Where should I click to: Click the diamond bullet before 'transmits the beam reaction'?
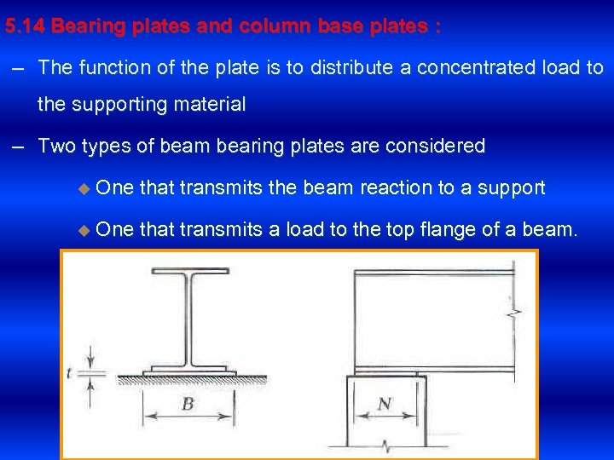(x=83, y=188)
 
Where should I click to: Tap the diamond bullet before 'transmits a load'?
(x=83, y=229)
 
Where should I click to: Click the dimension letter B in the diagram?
(x=188, y=404)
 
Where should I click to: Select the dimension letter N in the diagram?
(x=385, y=404)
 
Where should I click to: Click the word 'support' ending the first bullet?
(x=511, y=187)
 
